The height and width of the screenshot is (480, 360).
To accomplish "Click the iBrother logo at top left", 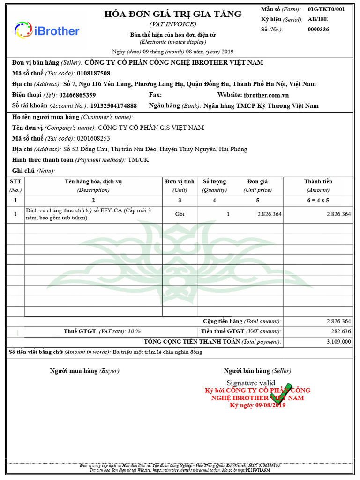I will (47, 30).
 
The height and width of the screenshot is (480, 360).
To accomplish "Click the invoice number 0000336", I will (318, 30).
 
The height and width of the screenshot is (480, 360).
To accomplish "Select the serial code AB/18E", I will (318, 20).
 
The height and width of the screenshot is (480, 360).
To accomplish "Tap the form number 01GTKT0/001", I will (326, 9).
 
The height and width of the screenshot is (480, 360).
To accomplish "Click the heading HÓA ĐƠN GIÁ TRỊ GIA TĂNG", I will (173, 14).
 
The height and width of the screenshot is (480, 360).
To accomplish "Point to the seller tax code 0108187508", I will (93, 73).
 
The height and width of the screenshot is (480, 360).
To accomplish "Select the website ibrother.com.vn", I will (266, 95).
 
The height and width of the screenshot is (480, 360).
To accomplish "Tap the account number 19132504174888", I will (113, 105).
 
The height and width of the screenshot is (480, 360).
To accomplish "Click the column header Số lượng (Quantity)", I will (214, 186).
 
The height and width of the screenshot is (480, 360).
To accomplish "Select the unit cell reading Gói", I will (180, 214).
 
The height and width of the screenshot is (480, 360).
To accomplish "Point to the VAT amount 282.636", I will (338, 331).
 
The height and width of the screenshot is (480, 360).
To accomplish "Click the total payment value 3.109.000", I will (338, 341).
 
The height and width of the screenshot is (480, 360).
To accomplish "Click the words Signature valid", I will (251, 383).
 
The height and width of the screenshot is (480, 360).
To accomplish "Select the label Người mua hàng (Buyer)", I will (84, 371).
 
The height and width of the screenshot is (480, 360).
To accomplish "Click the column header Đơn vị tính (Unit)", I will (180, 186).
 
